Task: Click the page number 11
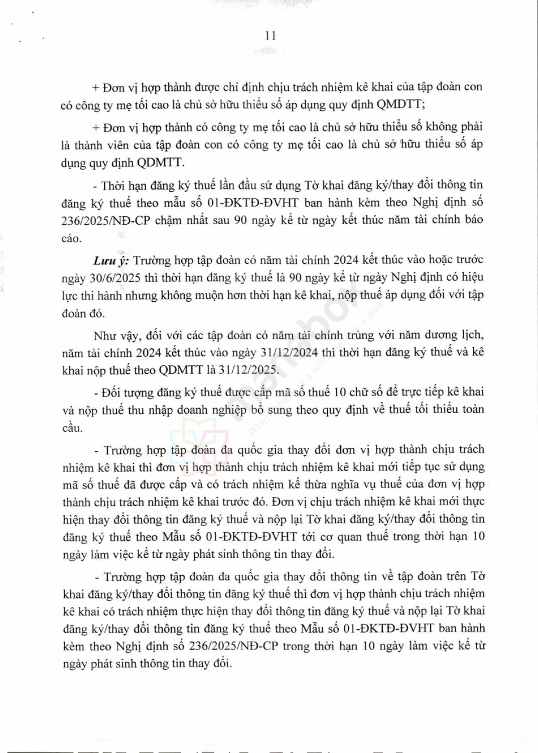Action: coord(270,35)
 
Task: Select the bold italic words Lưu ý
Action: coord(111,261)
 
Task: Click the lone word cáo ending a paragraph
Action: coord(71,238)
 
